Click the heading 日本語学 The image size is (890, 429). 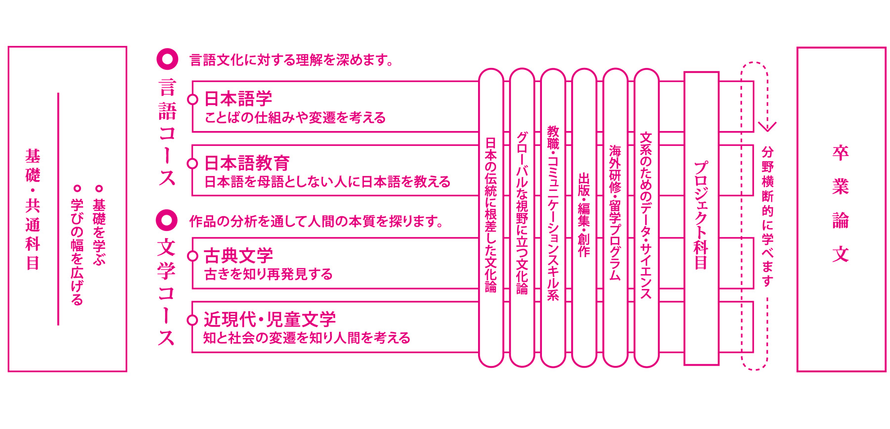point(238,98)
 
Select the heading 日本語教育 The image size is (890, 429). point(247,163)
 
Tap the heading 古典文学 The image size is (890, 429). point(238,255)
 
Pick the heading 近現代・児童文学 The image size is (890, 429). point(269,319)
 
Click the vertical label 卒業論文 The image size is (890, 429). point(840,203)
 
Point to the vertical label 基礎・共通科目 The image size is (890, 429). point(33,209)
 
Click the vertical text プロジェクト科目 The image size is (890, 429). point(701,215)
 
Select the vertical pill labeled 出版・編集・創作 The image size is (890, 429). point(584,218)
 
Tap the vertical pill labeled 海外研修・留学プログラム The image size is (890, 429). point(615,218)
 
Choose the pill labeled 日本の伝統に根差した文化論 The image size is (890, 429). point(491,218)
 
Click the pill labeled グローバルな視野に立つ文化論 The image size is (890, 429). point(522,218)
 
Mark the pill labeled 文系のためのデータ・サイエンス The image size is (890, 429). point(646,218)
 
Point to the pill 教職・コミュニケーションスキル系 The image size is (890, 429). point(553,218)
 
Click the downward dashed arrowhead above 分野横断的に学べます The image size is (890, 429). point(767,127)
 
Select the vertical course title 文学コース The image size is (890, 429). point(167,292)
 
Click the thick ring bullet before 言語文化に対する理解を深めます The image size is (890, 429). point(167,59)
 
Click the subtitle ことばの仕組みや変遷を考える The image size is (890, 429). point(295,118)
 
